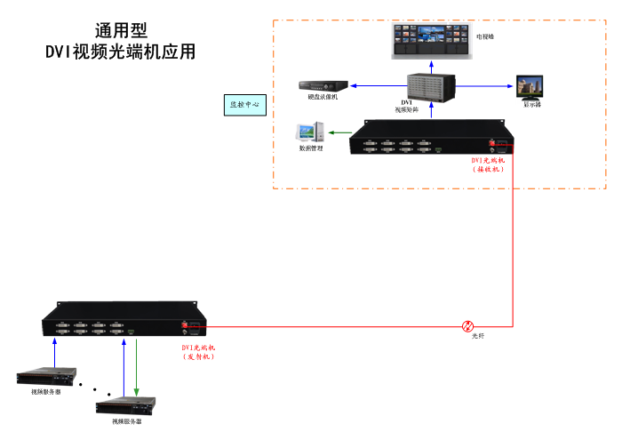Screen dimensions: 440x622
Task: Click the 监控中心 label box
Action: point(244,105)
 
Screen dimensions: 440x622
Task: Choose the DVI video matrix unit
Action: point(432,87)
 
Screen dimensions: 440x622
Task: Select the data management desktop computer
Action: point(309,132)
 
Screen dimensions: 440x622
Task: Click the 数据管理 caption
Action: point(311,148)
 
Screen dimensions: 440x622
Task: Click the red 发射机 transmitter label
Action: point(198,352)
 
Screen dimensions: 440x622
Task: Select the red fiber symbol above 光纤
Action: point(468,326)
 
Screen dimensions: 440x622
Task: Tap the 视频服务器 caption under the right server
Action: point(126,421)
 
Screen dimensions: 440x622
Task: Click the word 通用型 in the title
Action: point(121,31)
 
